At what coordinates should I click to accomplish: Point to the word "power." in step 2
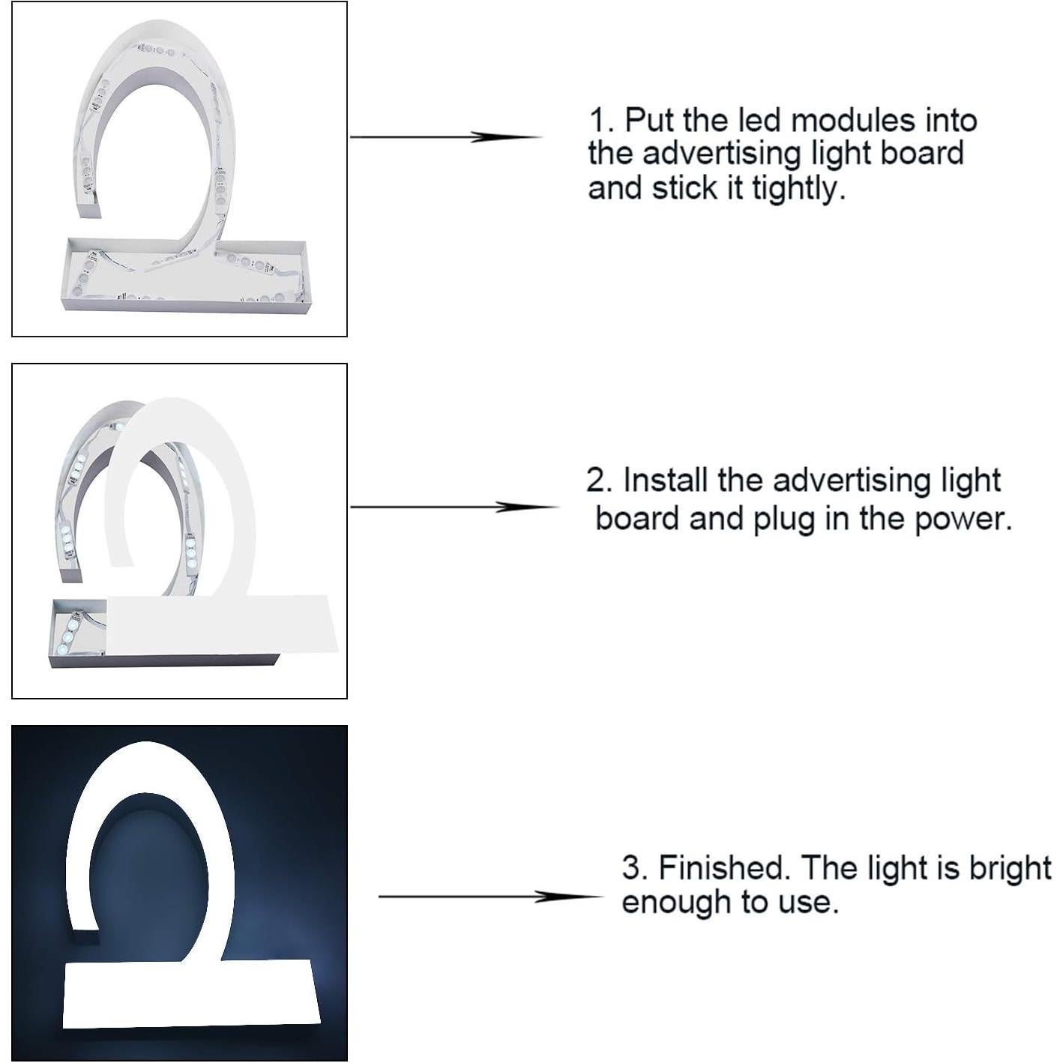coord(963,520)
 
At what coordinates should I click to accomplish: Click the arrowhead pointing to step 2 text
coord(528,507)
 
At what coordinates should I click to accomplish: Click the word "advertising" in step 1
coord(722,154)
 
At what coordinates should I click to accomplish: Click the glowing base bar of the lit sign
coord(191,992)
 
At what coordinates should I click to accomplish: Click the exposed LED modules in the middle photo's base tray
coord(71,633)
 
